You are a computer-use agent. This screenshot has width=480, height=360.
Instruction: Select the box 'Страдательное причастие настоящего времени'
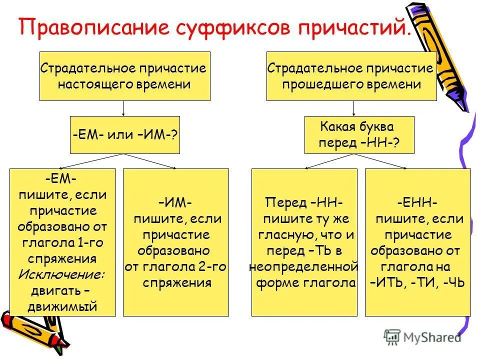(124, 76)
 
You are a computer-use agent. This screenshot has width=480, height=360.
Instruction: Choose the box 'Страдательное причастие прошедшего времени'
(351, 76)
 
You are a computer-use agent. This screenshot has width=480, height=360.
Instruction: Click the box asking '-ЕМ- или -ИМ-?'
(124, 135)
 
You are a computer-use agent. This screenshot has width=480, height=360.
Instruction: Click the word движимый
(62, 306)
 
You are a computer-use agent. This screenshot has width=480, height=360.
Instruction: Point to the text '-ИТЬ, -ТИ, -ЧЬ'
(418, 282)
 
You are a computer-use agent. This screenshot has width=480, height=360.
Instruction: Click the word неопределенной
(304, 266)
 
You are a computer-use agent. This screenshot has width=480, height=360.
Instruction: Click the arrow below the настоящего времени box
(124, 108)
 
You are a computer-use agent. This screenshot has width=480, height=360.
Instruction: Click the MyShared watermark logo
(422, 337)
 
